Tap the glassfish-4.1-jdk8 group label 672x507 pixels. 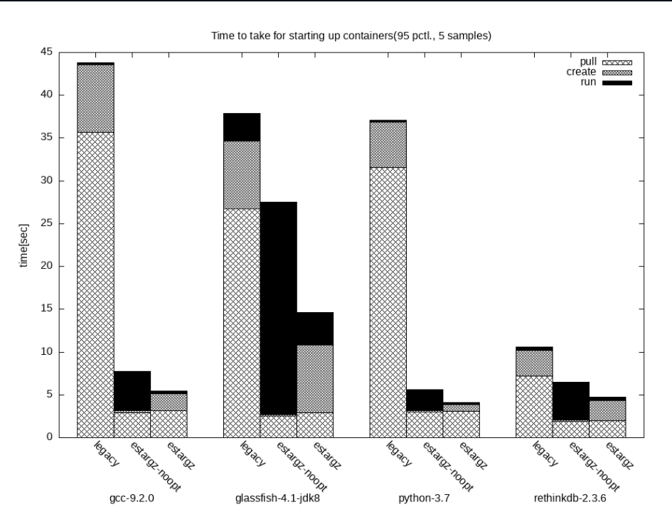(278, 498)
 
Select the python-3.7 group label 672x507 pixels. (425, 498)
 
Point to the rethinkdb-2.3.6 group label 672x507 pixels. (570, 498)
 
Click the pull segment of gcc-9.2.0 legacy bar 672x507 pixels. (95, 284)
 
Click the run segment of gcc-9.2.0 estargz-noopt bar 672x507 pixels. (132, 391)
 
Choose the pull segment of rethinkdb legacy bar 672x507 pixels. (534, 406)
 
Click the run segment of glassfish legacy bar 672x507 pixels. (242, 127)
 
